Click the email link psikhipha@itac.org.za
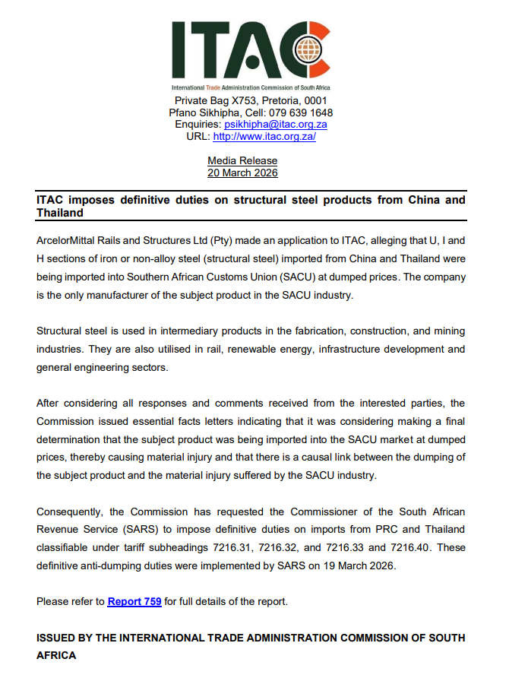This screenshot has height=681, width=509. [x=276, y=125]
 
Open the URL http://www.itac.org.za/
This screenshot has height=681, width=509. [x=264, y=137]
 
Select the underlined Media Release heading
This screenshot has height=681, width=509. [x=242, y=160]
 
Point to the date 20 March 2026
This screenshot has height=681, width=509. [x=242, y=173]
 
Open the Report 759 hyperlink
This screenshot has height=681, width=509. [x=134, y=601]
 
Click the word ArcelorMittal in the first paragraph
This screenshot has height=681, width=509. [x=71, y=241]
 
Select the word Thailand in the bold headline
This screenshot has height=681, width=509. [x=60, y=213]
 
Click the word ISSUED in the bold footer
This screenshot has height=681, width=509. [x=59, y=637]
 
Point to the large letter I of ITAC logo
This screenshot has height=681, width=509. [x=181, y=50]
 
